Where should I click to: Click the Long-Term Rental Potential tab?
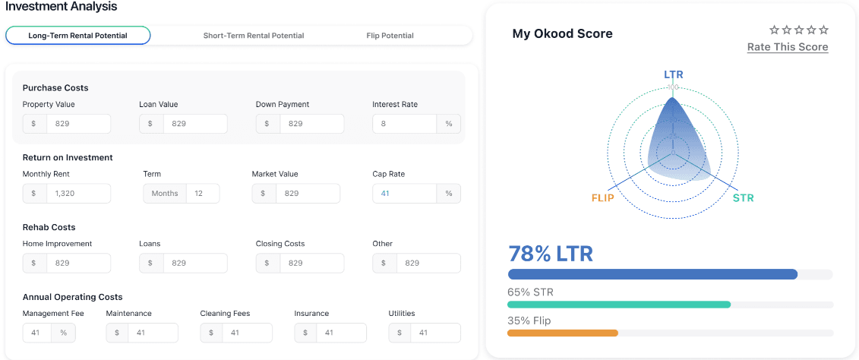click(77, 36)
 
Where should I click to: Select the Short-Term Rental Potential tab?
click(254, 36)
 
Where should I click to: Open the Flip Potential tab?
click(390, 36)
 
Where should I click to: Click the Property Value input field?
click(77, 124)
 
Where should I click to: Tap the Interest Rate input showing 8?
click(404, 124)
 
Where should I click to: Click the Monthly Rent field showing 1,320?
click(77, 194)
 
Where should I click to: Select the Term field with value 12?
click(202, 194)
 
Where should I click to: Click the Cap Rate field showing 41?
click(404, 194)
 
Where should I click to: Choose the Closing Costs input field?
click(311, 264)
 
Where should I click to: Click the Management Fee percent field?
click(36, 333)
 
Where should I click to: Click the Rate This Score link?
click(788, 47)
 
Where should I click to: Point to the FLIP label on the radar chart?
click(602, 198)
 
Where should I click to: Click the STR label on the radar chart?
click(743, 198)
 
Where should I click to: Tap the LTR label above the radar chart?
click(673, 74)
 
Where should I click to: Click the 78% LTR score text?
click(550, 254)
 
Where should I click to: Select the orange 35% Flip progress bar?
click(563, 333)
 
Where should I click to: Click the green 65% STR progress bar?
click(619, 305)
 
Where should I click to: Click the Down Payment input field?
click(311, 124)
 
